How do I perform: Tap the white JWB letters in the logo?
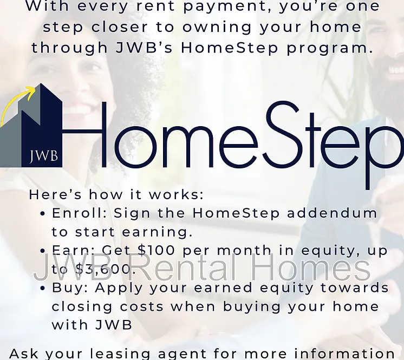(x=43, y=156)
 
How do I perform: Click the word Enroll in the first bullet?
(x=80, y=213)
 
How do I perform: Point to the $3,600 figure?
(x=106, y=269)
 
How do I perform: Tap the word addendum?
(x=332, y=213)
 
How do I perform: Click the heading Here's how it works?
(x=116, y=194)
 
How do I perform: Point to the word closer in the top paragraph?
(x=120, y=27)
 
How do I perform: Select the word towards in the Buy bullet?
(x=355, y=287)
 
